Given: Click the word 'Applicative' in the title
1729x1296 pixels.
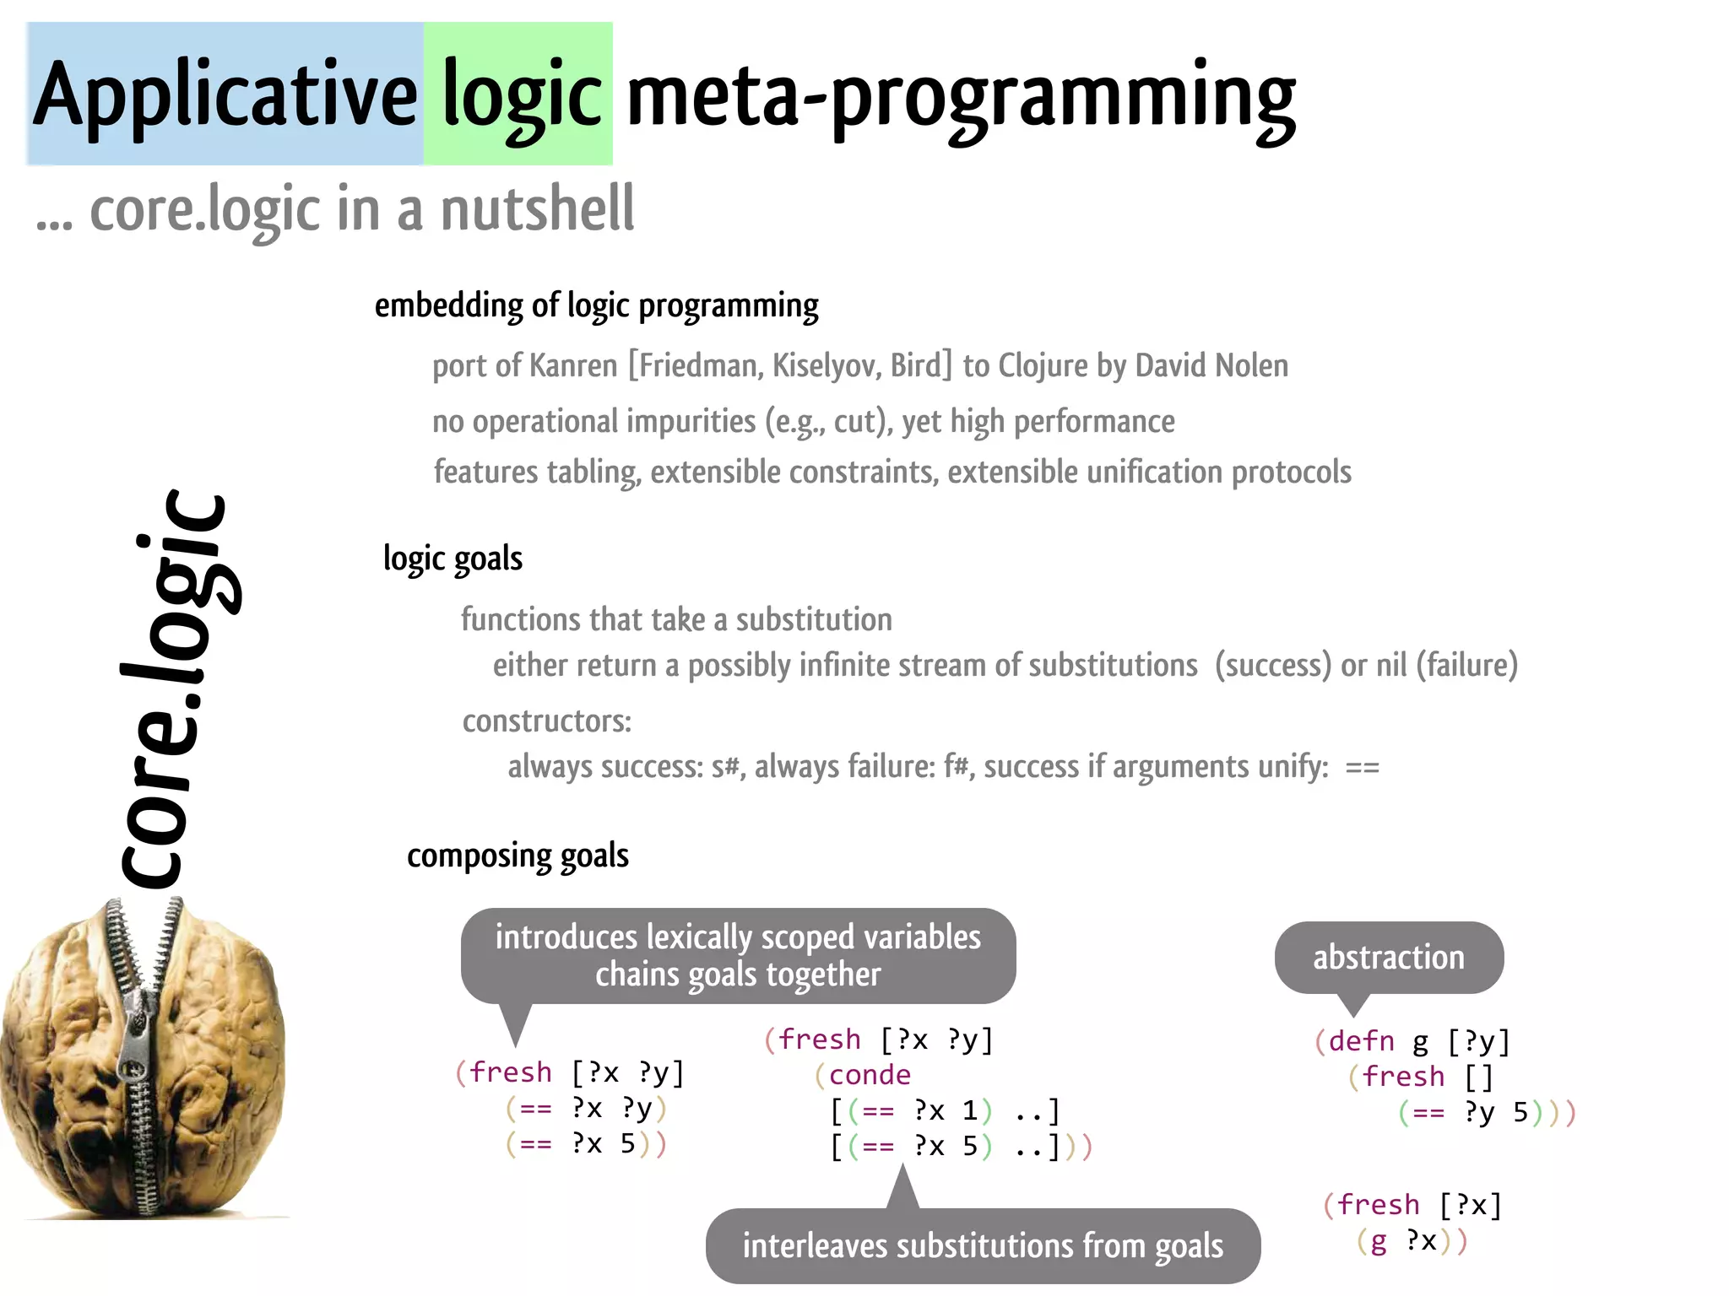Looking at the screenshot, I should click(225, 94).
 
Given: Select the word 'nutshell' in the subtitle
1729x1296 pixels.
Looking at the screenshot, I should click(537, 208).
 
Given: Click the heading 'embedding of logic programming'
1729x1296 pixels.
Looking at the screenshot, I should click(596, 305).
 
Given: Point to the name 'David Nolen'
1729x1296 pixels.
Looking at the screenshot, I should click(1211, 365).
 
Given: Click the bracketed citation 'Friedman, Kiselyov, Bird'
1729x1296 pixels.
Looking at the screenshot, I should click(789, 365).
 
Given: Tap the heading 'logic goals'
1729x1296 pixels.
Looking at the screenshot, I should click(453, 559).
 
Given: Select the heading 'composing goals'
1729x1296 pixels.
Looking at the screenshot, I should click(518, 856).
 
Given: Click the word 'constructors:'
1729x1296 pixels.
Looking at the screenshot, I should click(546, 721).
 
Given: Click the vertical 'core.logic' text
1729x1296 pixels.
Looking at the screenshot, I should click(173, 688).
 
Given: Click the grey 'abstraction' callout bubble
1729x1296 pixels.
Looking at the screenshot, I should click(1388, 958).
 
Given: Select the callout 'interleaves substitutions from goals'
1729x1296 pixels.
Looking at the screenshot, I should click(983, 1246).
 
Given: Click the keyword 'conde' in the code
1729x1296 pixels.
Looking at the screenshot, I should click(870, 1075).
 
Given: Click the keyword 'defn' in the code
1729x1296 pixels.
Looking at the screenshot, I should click(1361, 1041).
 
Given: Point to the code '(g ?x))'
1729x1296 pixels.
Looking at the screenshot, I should click(1412, 1241).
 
